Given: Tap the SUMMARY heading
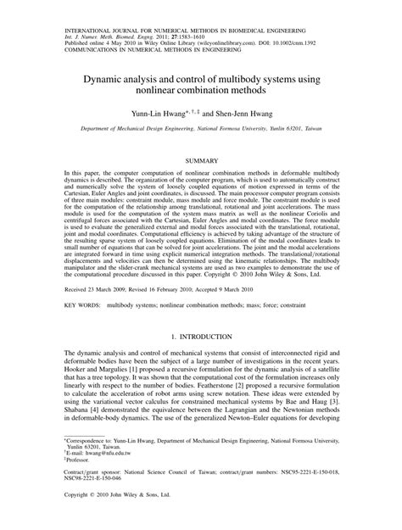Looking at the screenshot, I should pyautogui.click(x=201, y=159).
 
